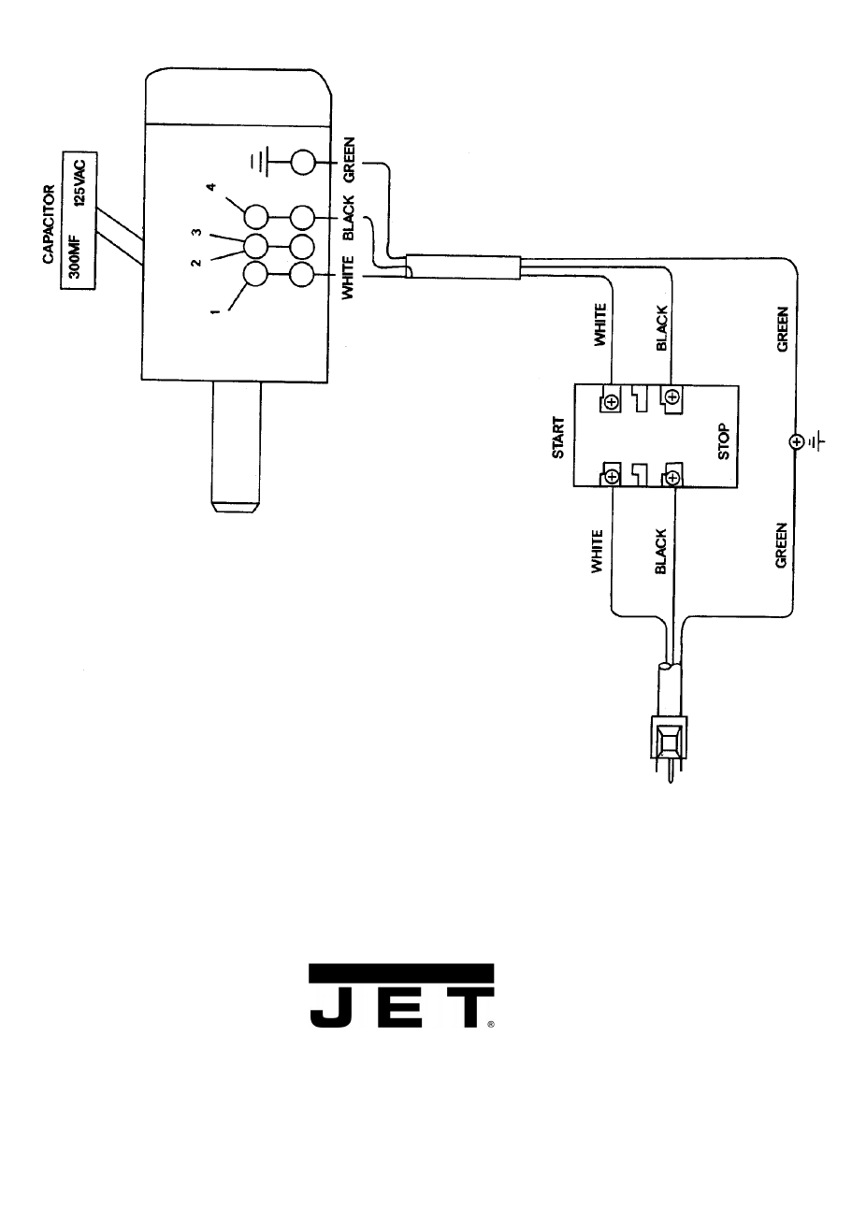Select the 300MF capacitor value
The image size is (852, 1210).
[x=77, y=246]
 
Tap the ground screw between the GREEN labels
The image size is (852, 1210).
[x=795, y=440]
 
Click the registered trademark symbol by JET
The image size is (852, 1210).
[x=490, y=1024]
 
